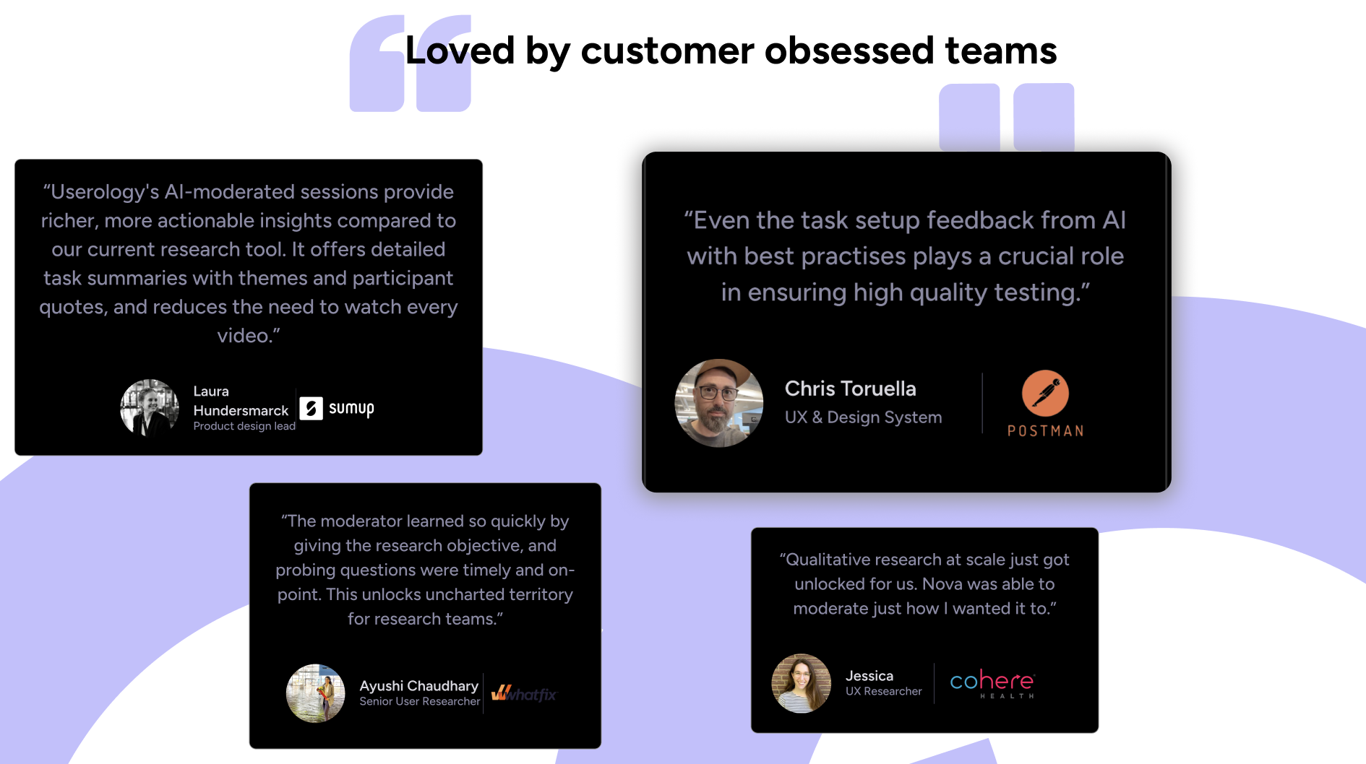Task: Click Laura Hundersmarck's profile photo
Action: pos(150,409)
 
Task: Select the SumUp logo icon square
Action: pos(312,408)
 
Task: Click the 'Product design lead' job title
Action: pos(244,426)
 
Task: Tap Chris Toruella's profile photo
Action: pos(718,403)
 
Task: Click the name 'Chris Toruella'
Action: pos(850,388)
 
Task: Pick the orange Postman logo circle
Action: pos(1045,393)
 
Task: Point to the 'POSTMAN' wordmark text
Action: pos(1045,431)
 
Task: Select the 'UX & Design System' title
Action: pos(863,417)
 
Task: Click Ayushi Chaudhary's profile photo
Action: pos(316,693)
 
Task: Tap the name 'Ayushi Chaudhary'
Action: pos(418,685)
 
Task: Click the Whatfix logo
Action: pos(524,694)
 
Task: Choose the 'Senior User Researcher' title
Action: pos(419,701)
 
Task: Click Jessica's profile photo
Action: pos(801,683)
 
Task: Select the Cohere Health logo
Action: pos(992,683)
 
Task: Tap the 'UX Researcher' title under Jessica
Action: pos(883,691)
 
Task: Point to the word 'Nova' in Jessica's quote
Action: pos(942,584)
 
